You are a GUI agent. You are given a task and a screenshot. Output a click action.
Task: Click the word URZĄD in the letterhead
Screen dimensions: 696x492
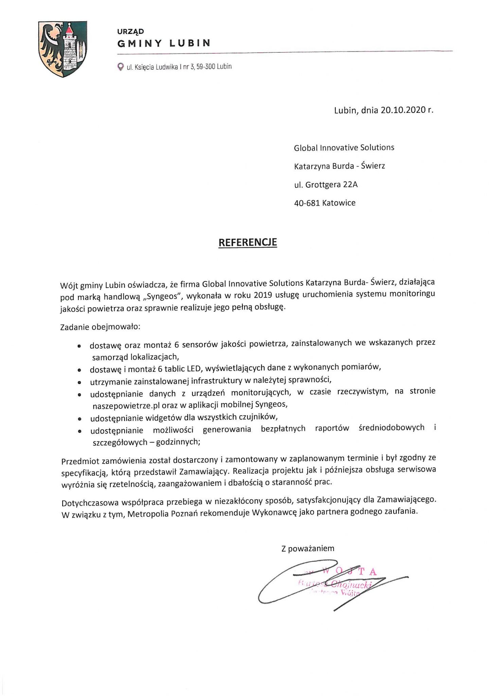tap(130, 32)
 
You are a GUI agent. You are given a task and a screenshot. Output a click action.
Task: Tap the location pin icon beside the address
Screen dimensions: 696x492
tap(120, 67)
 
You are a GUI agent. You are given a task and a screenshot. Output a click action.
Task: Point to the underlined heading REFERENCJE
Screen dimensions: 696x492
tap(247, 242)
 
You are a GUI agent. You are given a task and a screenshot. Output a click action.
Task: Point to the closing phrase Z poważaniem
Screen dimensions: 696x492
tap(307, 548)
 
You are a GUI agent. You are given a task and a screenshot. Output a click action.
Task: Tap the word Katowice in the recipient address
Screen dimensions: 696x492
tap(339, 203)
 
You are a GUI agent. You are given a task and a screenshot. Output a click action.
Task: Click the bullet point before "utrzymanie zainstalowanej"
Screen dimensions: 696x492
tap(79, 382)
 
